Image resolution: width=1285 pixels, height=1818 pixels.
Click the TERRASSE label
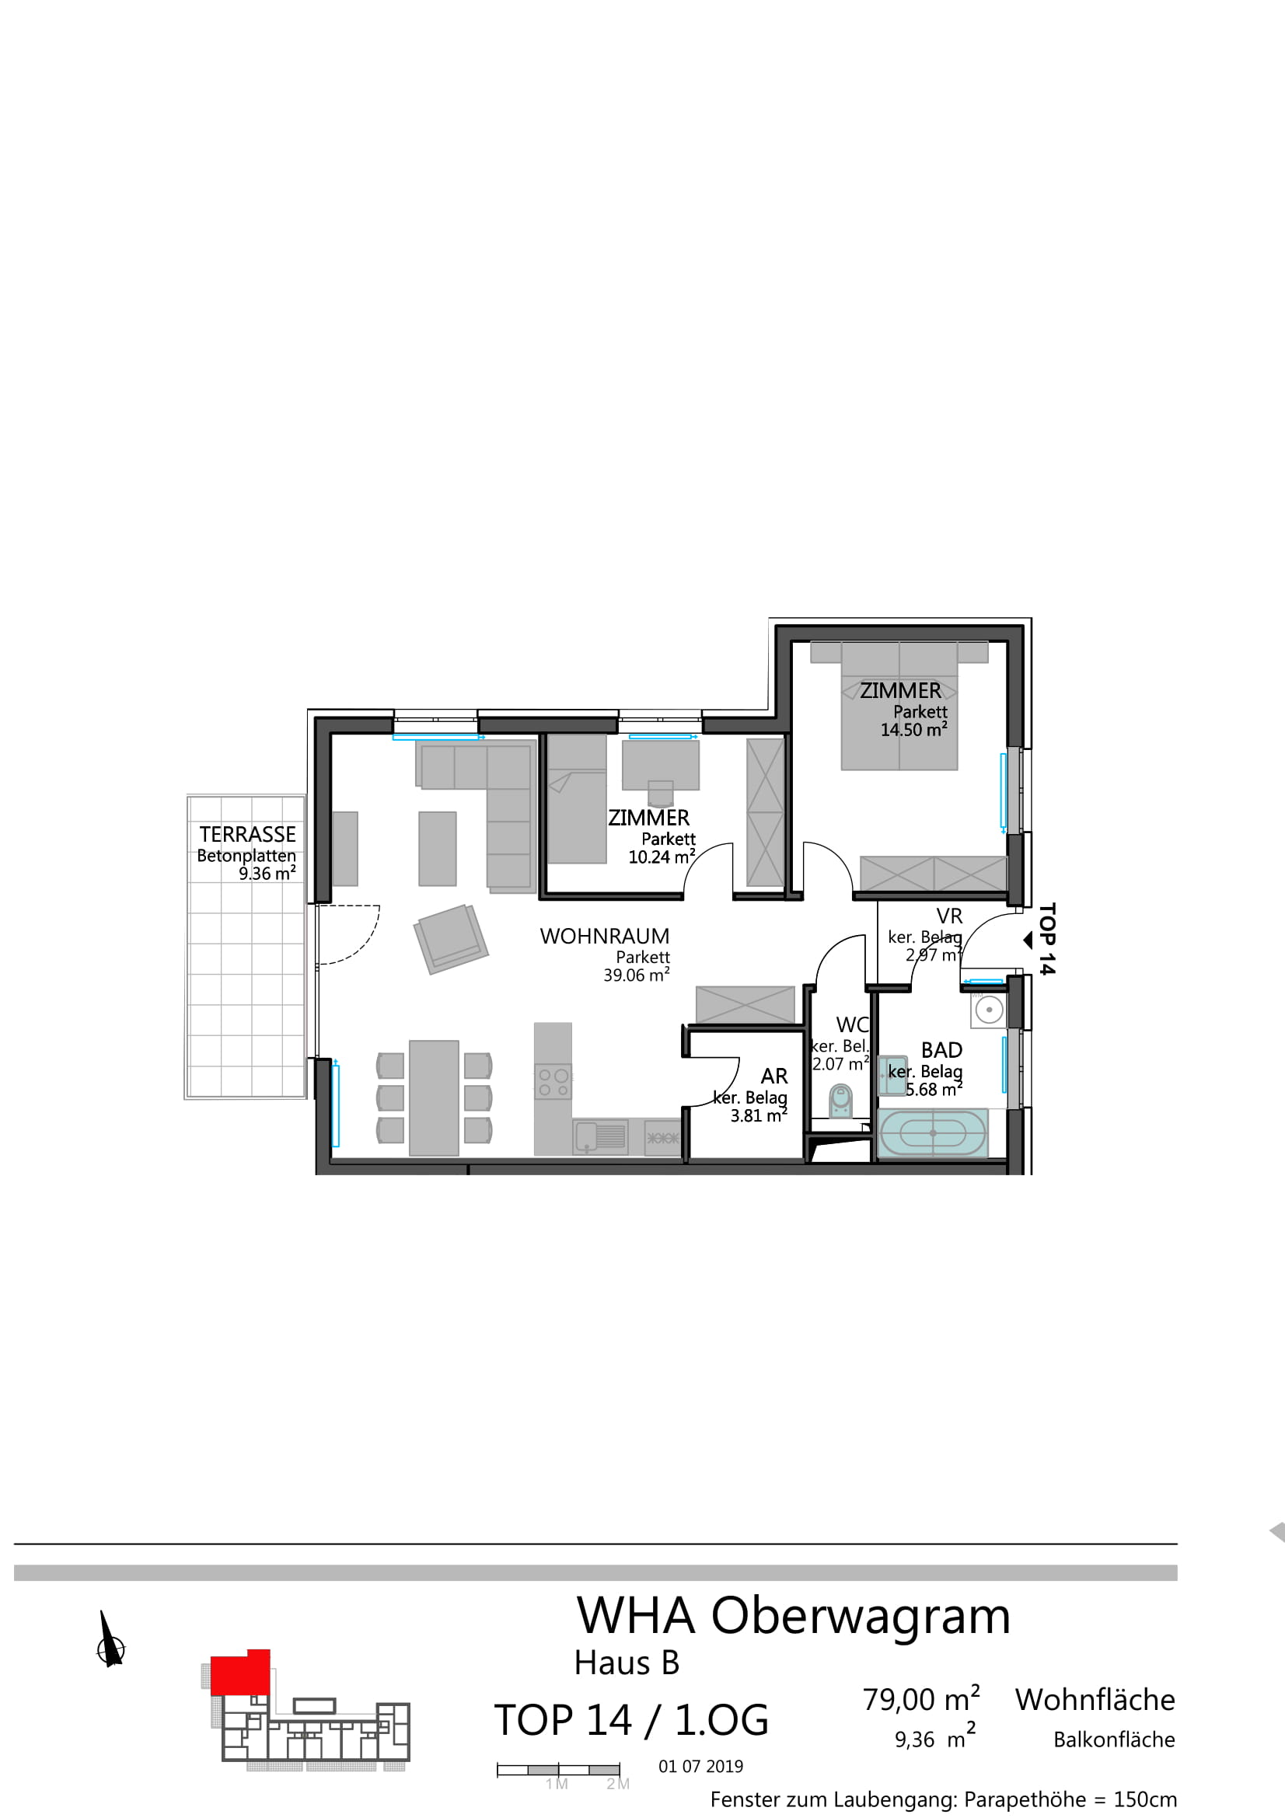pos(247,835)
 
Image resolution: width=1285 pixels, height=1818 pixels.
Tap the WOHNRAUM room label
pos(605,937)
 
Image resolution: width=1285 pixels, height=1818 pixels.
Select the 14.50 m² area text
pos(913,729)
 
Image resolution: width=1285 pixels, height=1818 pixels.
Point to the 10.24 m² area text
pos(662,856)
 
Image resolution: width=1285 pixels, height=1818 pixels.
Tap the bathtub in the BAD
pos(933,1133)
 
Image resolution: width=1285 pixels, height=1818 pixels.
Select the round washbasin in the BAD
pos(989,1010)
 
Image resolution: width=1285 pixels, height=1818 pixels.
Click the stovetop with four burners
pos(553,1083)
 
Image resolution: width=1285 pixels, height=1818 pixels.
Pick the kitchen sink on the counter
pos(600,1138)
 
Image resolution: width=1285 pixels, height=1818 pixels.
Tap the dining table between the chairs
pos(434,1097)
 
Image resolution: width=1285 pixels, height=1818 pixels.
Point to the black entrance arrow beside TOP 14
pos(1028,940)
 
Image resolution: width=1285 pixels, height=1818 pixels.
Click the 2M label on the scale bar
pos(617,1784)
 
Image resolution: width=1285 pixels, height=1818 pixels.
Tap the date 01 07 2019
pos(700,1767)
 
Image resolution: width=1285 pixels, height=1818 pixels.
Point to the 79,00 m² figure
pos(922,1699)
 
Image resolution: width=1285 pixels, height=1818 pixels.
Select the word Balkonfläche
pos(1114,1739)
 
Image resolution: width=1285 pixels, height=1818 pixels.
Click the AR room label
pos(774,1076)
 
